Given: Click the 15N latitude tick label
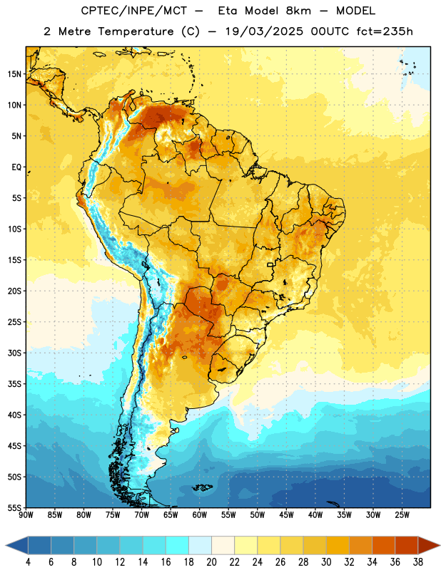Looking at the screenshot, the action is click(x=14, y=74).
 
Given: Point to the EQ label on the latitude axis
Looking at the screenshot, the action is click(x=16, y=167).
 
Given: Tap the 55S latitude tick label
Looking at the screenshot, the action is click(x=14, y=507).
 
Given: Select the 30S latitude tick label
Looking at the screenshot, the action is click(x=14, y=353).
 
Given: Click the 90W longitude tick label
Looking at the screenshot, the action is click(x=26, y=515).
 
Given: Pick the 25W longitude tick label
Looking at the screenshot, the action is click(x=402, y=515).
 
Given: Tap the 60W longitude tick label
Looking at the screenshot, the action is click(x=200, y=515).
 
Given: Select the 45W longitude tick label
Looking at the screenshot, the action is click(x=287, y=515).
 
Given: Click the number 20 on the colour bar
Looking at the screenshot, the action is click(x=211, y=562).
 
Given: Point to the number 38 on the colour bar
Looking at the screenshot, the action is click(x=418, y=562).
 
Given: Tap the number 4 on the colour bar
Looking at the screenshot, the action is click(x=28, y=562).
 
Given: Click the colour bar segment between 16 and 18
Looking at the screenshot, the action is click(x=177, y=545).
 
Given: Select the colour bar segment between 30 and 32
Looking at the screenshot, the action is click(x=338, y=545).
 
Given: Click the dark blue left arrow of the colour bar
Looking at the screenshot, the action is click(x=17, y=545).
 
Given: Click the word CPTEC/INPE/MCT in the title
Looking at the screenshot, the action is click(x=133, y=11).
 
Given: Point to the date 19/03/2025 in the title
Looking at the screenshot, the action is click(x=264, y=31).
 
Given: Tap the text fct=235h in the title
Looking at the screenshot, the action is click(x=385, y=31).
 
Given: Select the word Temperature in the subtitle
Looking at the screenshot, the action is click(x=136, y=31).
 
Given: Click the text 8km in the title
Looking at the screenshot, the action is click(x=298, y=11).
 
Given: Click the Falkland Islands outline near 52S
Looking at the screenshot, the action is click(x=202, y=487).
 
